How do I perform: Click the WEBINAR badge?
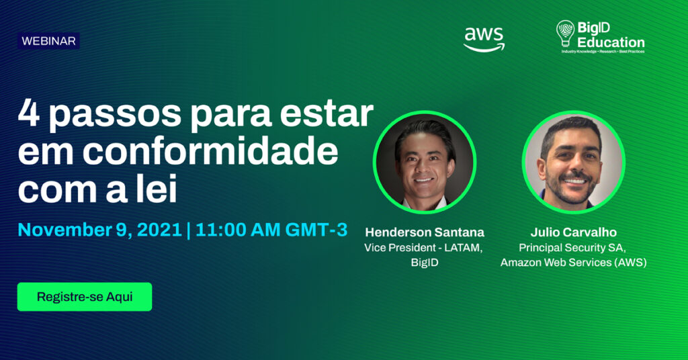click(48, 41)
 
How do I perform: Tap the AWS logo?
click(484, 40)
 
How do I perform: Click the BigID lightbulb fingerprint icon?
click(565, 34)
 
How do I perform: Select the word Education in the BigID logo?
click(611, 42)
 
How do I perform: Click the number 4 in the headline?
click(29, 113)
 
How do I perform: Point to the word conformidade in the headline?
click(210, 151)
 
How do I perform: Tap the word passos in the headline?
click(114, 116)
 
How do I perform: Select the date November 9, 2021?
click(99, 230)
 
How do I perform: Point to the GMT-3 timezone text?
click(316, 230)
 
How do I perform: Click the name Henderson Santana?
click(425, 232)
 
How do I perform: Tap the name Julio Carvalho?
click(574, 232)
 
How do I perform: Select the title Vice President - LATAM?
click(423, 248)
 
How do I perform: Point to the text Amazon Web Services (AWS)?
click(574, 263)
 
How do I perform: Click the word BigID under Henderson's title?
click(425, 263)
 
